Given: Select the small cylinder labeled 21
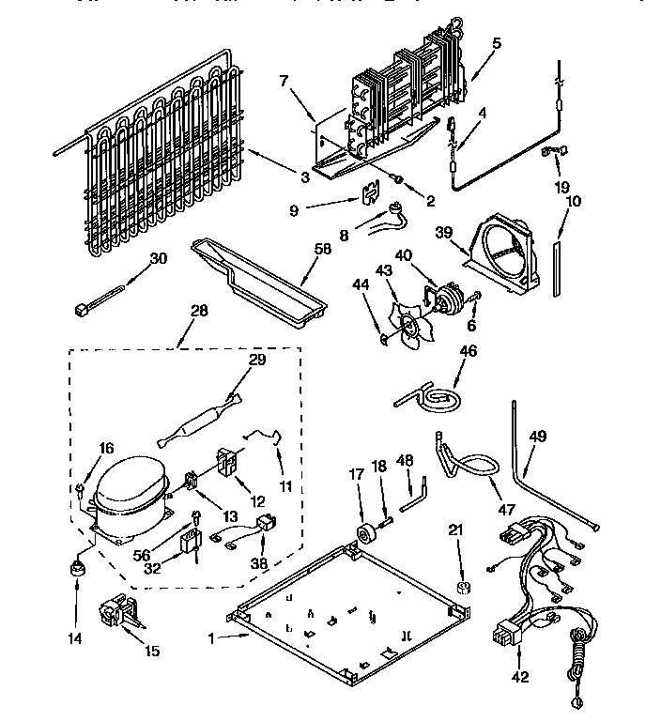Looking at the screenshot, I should [x=461, y=588].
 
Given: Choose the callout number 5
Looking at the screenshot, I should [x=497, y=42].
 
